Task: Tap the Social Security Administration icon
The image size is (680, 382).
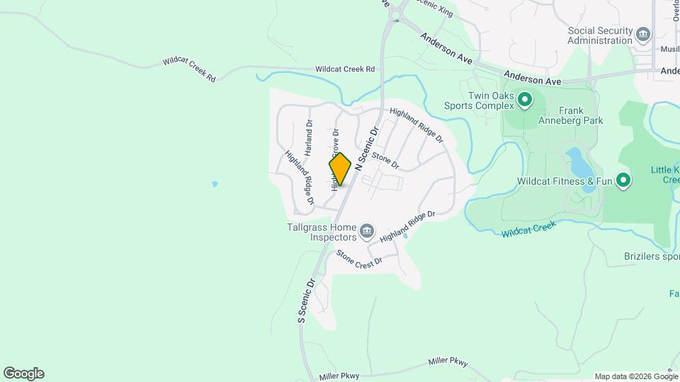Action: click(643, 34)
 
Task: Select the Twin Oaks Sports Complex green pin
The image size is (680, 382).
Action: click(525, 100)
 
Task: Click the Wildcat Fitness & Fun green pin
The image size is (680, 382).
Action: click(623, 181)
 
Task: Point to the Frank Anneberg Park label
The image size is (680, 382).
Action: click(580, 115)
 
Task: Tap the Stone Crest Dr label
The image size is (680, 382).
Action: click(358, 257)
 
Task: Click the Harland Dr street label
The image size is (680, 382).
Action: click(309, 137)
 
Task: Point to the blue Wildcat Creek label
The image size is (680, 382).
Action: click(528, 229)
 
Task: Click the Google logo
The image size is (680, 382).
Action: click(23, 374)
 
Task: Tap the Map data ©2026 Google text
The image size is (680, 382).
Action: click(635, 376)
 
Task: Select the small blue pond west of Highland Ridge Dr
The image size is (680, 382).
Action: click(215, 184)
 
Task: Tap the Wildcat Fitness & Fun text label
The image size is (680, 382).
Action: click(565, 181)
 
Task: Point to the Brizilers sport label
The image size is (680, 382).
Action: click(651, 256)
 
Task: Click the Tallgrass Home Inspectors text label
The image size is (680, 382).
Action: click(322, 232)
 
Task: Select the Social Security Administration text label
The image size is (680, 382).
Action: click(600, 35)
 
